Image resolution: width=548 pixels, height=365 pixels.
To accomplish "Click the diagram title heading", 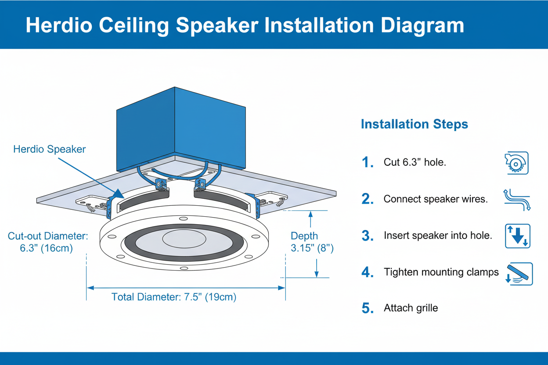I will [x=245, y=25].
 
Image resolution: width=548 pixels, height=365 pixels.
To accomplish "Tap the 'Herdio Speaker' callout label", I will [x=49, y=149].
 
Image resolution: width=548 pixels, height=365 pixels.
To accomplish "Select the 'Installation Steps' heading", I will [x=414, y=124].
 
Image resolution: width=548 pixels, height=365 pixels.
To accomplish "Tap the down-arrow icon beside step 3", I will [x=518, y=236].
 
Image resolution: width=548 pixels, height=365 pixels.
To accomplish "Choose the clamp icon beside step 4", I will [x=519, y=274].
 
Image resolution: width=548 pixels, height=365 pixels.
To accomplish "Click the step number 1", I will [x=368, y=163].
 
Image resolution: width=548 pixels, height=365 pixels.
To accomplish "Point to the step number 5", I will [x=368, y=308].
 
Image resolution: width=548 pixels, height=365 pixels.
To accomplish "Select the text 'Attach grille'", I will [x=411, y=308].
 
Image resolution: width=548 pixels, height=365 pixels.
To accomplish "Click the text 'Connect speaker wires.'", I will [x=436, y=199].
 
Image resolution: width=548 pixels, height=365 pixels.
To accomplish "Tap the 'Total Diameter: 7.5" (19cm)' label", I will [x=174, y=297].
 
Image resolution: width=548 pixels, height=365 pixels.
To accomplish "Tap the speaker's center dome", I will [x=184, y=240].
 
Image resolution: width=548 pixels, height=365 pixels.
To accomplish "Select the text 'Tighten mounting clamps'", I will [x=441, y=272].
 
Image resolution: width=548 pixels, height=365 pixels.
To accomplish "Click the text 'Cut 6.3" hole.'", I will [x=415, y=162].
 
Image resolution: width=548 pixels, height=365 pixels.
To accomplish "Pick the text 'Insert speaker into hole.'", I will [x=438, y=236].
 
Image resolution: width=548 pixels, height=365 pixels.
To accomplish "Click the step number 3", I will [x=368, y=236].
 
